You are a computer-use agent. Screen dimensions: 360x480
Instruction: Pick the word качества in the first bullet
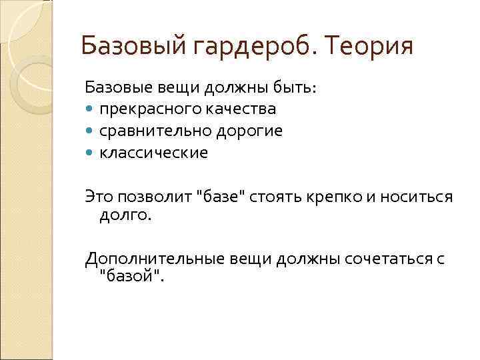coord(244,109)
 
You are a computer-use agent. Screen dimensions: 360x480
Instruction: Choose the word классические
coord(154,153)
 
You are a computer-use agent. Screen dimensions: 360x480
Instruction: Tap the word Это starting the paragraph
coord(99,196)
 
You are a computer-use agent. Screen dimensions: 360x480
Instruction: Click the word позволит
coord(155,196)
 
